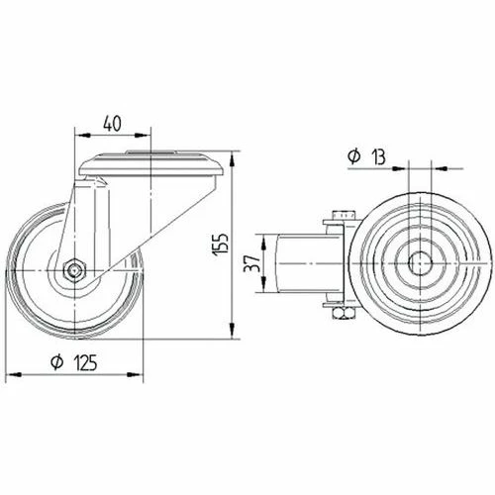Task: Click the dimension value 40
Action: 112,124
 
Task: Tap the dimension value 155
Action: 220,245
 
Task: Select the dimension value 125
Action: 85,362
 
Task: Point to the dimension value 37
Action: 251,263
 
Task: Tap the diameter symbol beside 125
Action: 56,362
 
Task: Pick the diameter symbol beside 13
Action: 354,156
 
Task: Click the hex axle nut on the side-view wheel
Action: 75,270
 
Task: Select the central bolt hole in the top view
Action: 420,263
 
